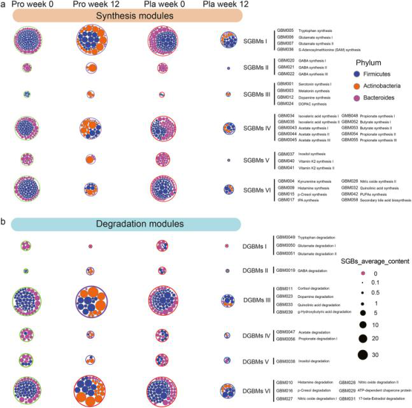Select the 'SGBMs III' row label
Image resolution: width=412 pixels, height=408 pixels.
coord(256,93)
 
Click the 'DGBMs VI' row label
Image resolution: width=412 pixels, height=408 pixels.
coord(256,389)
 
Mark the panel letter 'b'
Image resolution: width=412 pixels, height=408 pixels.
coord(4,223)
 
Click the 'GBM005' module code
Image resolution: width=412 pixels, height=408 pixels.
coord(285,30)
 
